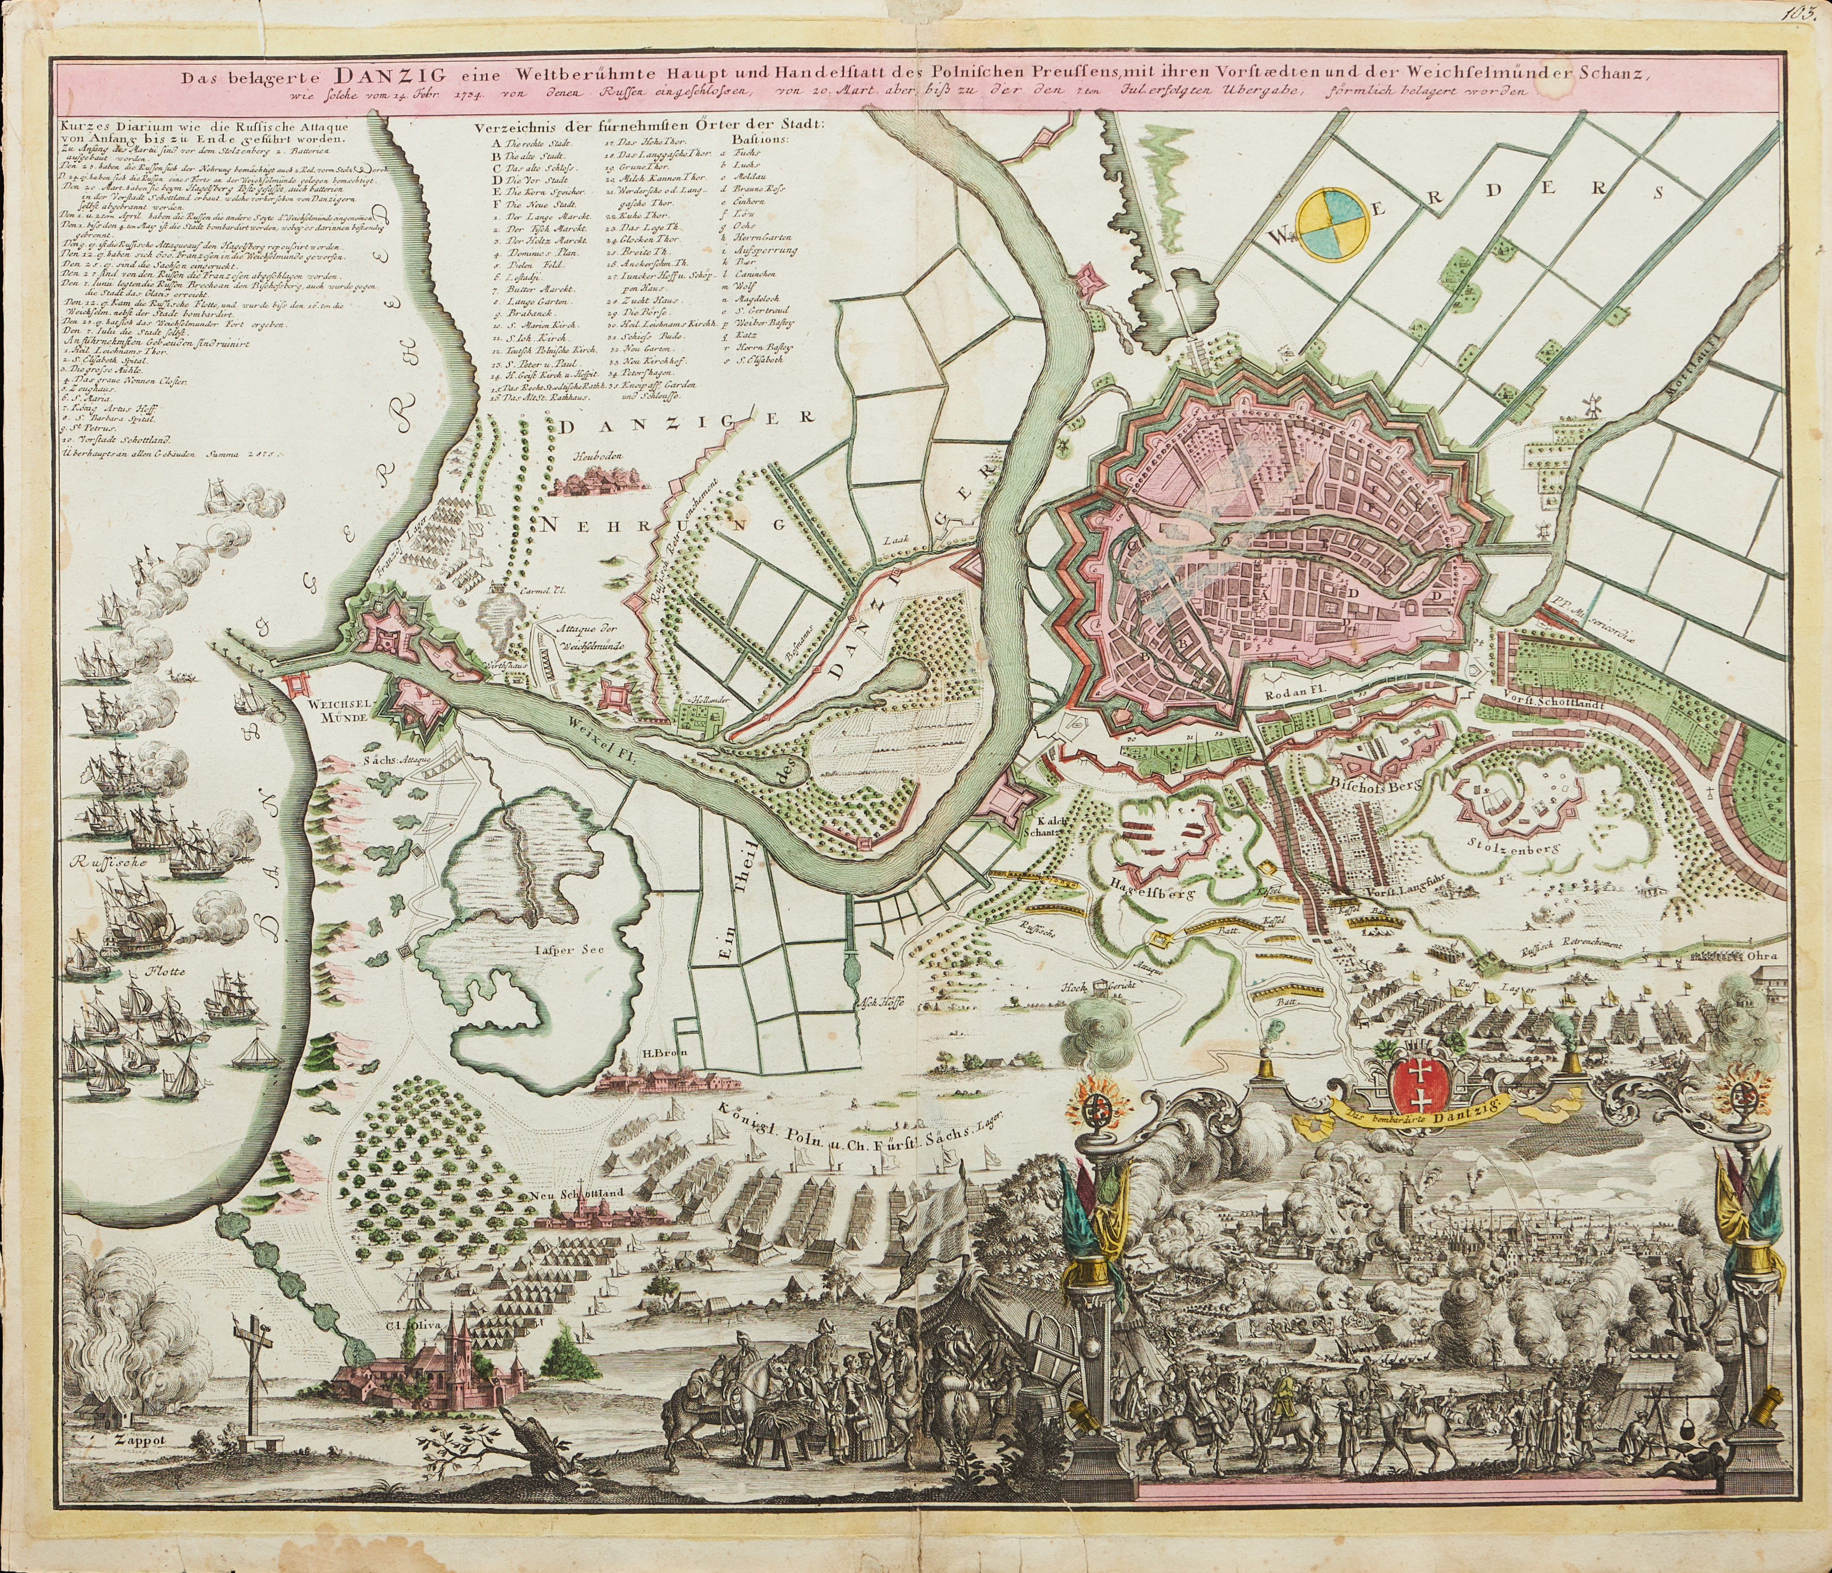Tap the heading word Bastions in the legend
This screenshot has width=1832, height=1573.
766,139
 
